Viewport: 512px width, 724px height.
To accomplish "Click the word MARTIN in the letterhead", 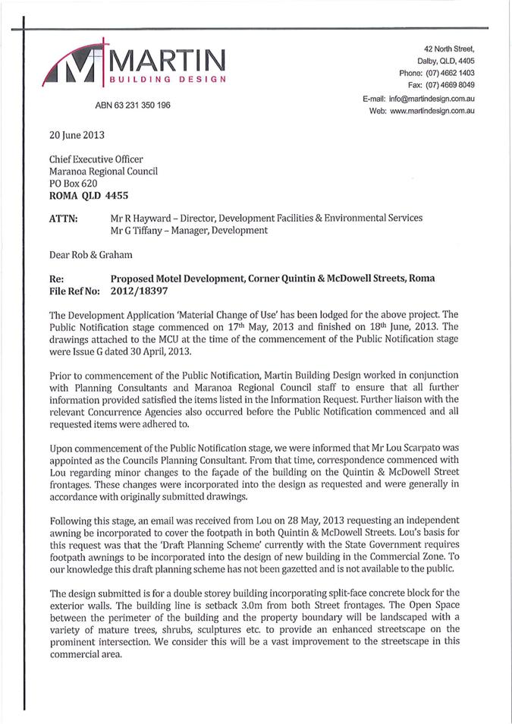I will point(168,59).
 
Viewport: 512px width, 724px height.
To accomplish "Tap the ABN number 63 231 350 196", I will point(133,105).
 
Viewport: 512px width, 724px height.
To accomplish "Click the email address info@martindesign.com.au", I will point(432,99).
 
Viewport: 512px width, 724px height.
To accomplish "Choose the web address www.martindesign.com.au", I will point(433,111).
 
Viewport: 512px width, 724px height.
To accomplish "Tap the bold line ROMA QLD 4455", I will point(85,194).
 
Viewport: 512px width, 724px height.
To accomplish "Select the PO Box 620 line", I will point(75,183).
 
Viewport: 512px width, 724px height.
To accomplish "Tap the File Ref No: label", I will point(75,290).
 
